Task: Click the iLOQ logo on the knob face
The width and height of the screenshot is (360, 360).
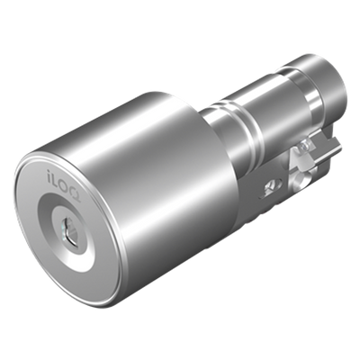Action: (63, 182)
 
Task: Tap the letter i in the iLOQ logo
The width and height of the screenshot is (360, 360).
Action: (49, 176)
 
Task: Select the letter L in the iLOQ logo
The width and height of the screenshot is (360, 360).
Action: (56, 181)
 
